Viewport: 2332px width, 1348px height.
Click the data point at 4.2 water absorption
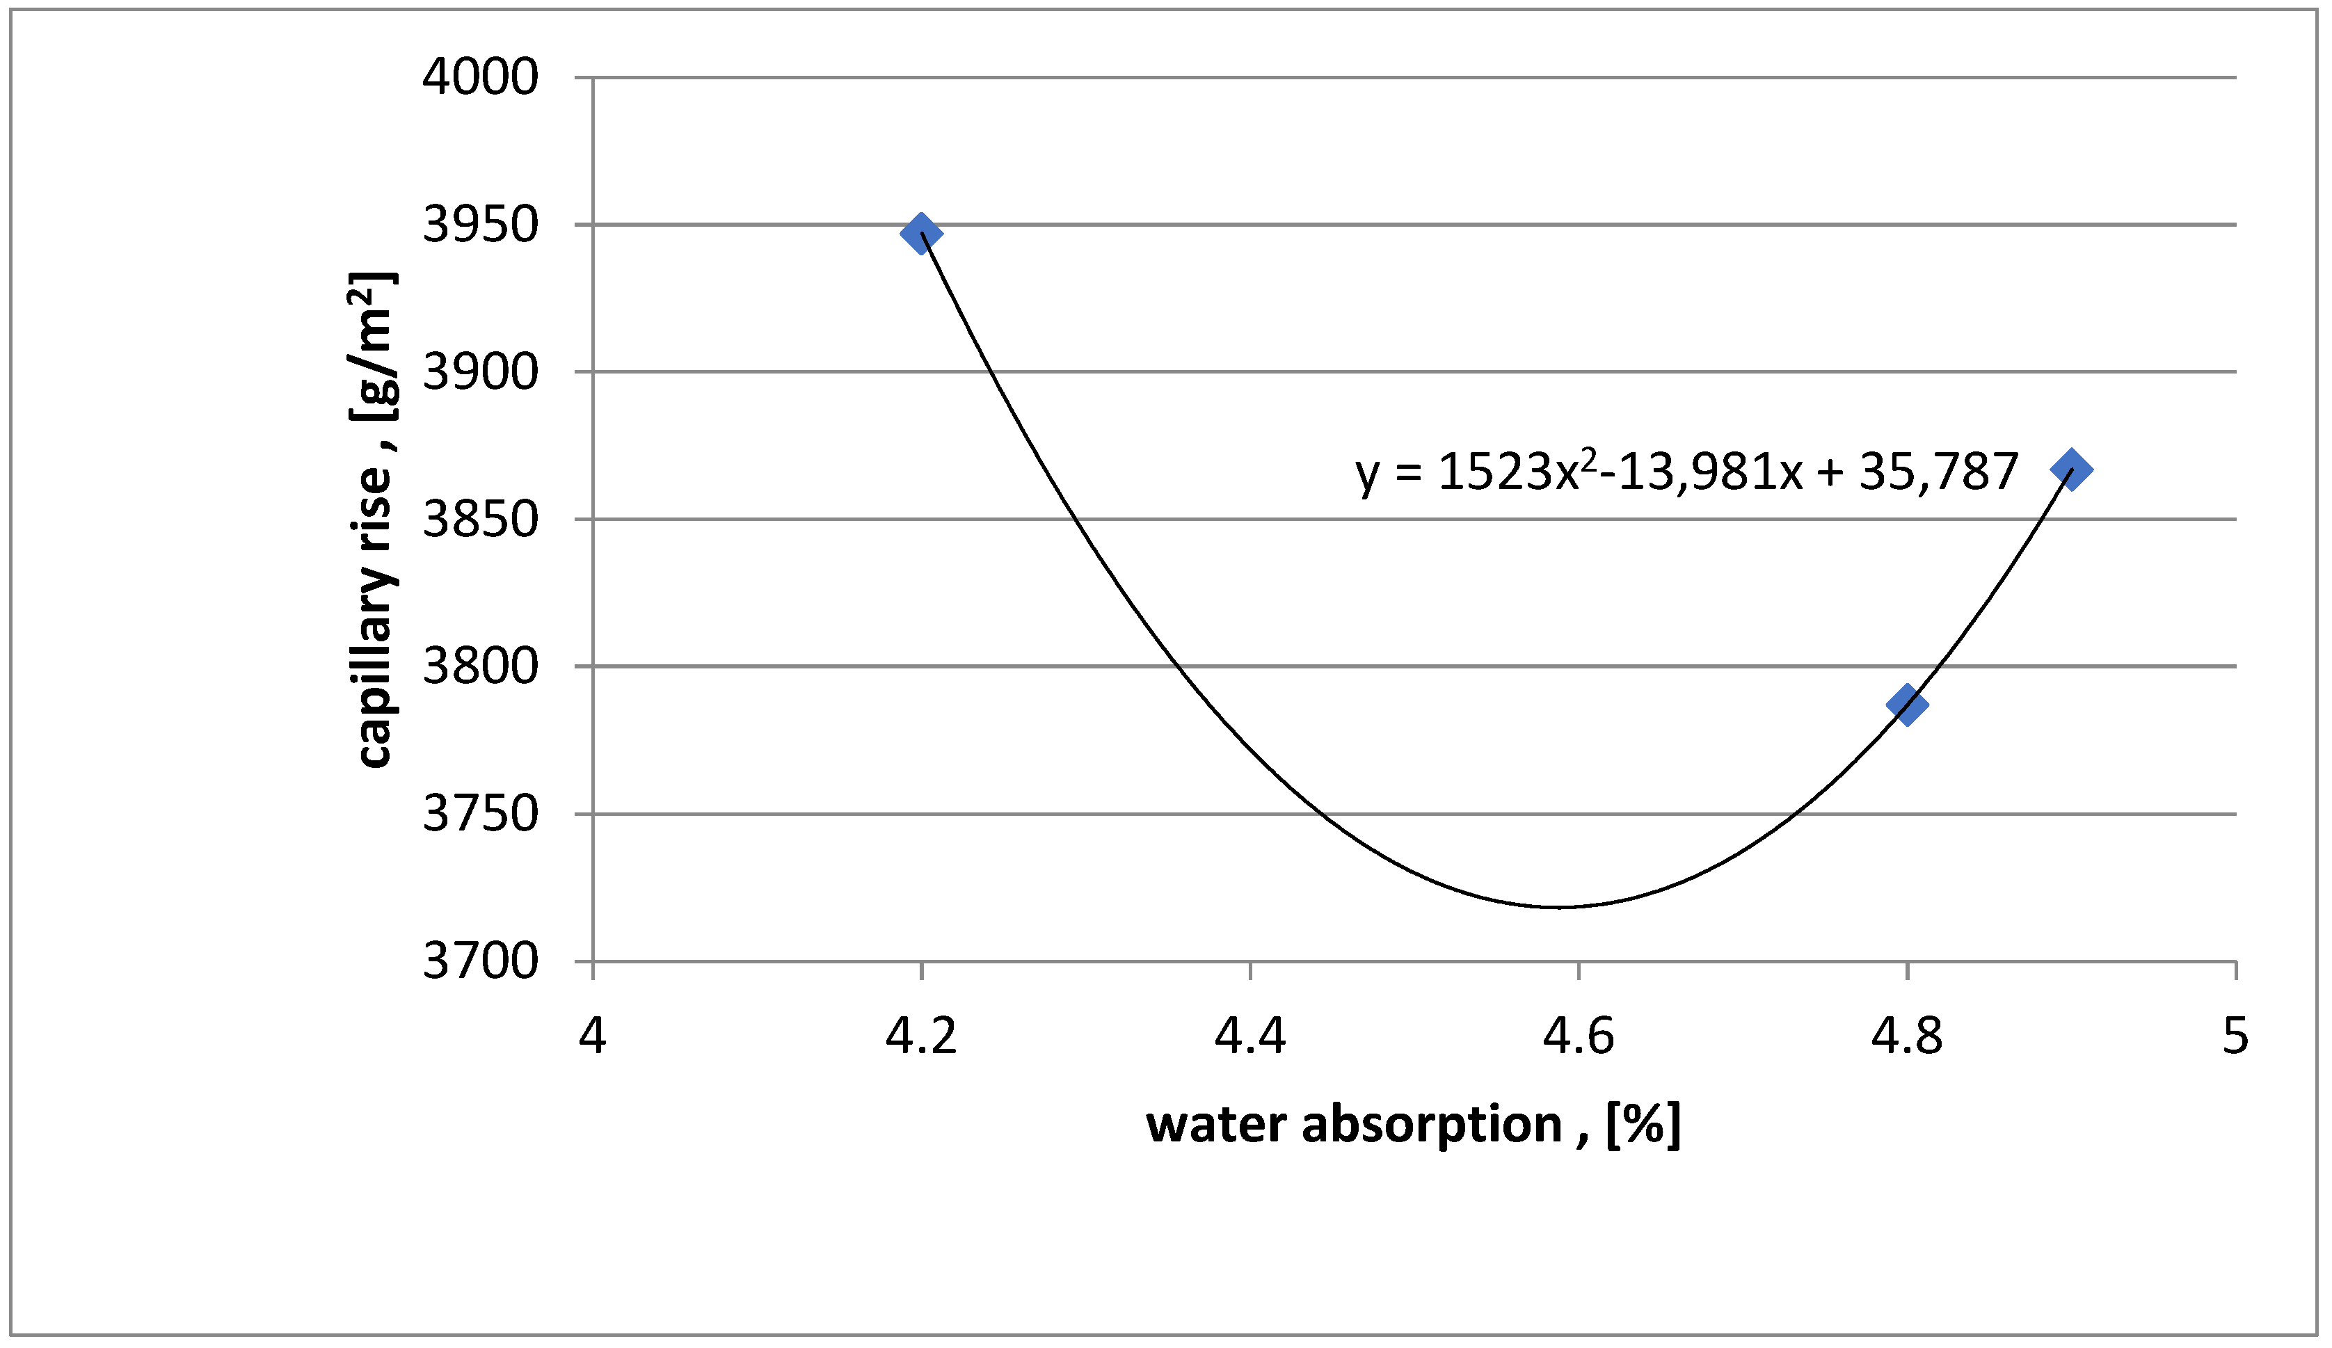[921, 232]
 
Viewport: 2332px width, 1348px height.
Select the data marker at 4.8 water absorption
[1907, 705]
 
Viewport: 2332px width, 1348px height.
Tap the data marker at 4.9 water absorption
[2071, 470]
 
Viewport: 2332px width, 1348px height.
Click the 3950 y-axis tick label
[479, 225]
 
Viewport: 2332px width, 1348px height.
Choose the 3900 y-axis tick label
[479, 372]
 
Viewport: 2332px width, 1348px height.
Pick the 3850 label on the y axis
[479, 519]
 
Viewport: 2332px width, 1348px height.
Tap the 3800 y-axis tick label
[479, 666]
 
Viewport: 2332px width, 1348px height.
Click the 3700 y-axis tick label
[479, 961]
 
